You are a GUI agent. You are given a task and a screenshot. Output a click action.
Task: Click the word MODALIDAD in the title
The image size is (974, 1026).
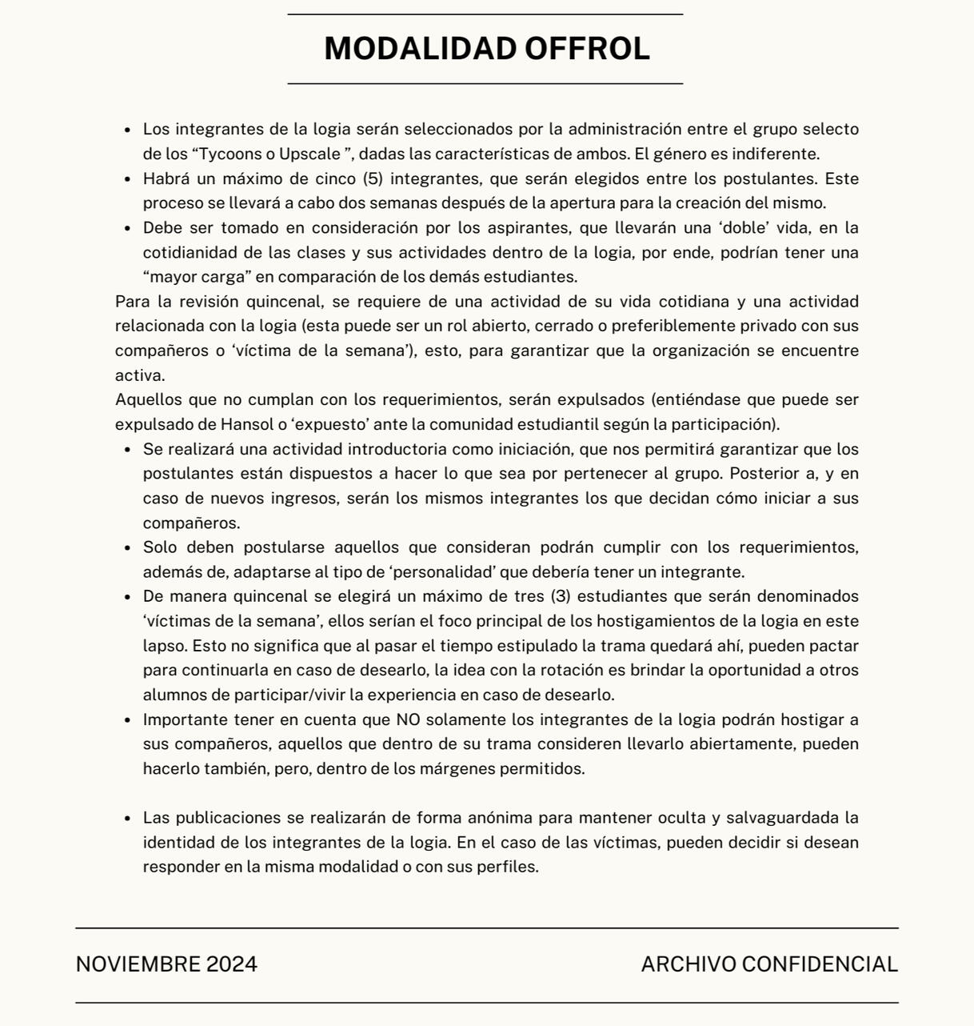421,49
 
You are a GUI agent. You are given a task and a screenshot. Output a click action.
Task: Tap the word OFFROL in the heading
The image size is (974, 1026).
587,49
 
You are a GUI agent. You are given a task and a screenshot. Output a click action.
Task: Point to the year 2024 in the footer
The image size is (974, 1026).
232,964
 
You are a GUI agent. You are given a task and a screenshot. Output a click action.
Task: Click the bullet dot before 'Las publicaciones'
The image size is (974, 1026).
128,819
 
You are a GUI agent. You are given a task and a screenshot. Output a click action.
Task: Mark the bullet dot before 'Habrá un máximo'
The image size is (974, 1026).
128,179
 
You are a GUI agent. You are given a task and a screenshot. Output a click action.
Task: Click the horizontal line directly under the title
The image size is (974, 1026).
485,83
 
